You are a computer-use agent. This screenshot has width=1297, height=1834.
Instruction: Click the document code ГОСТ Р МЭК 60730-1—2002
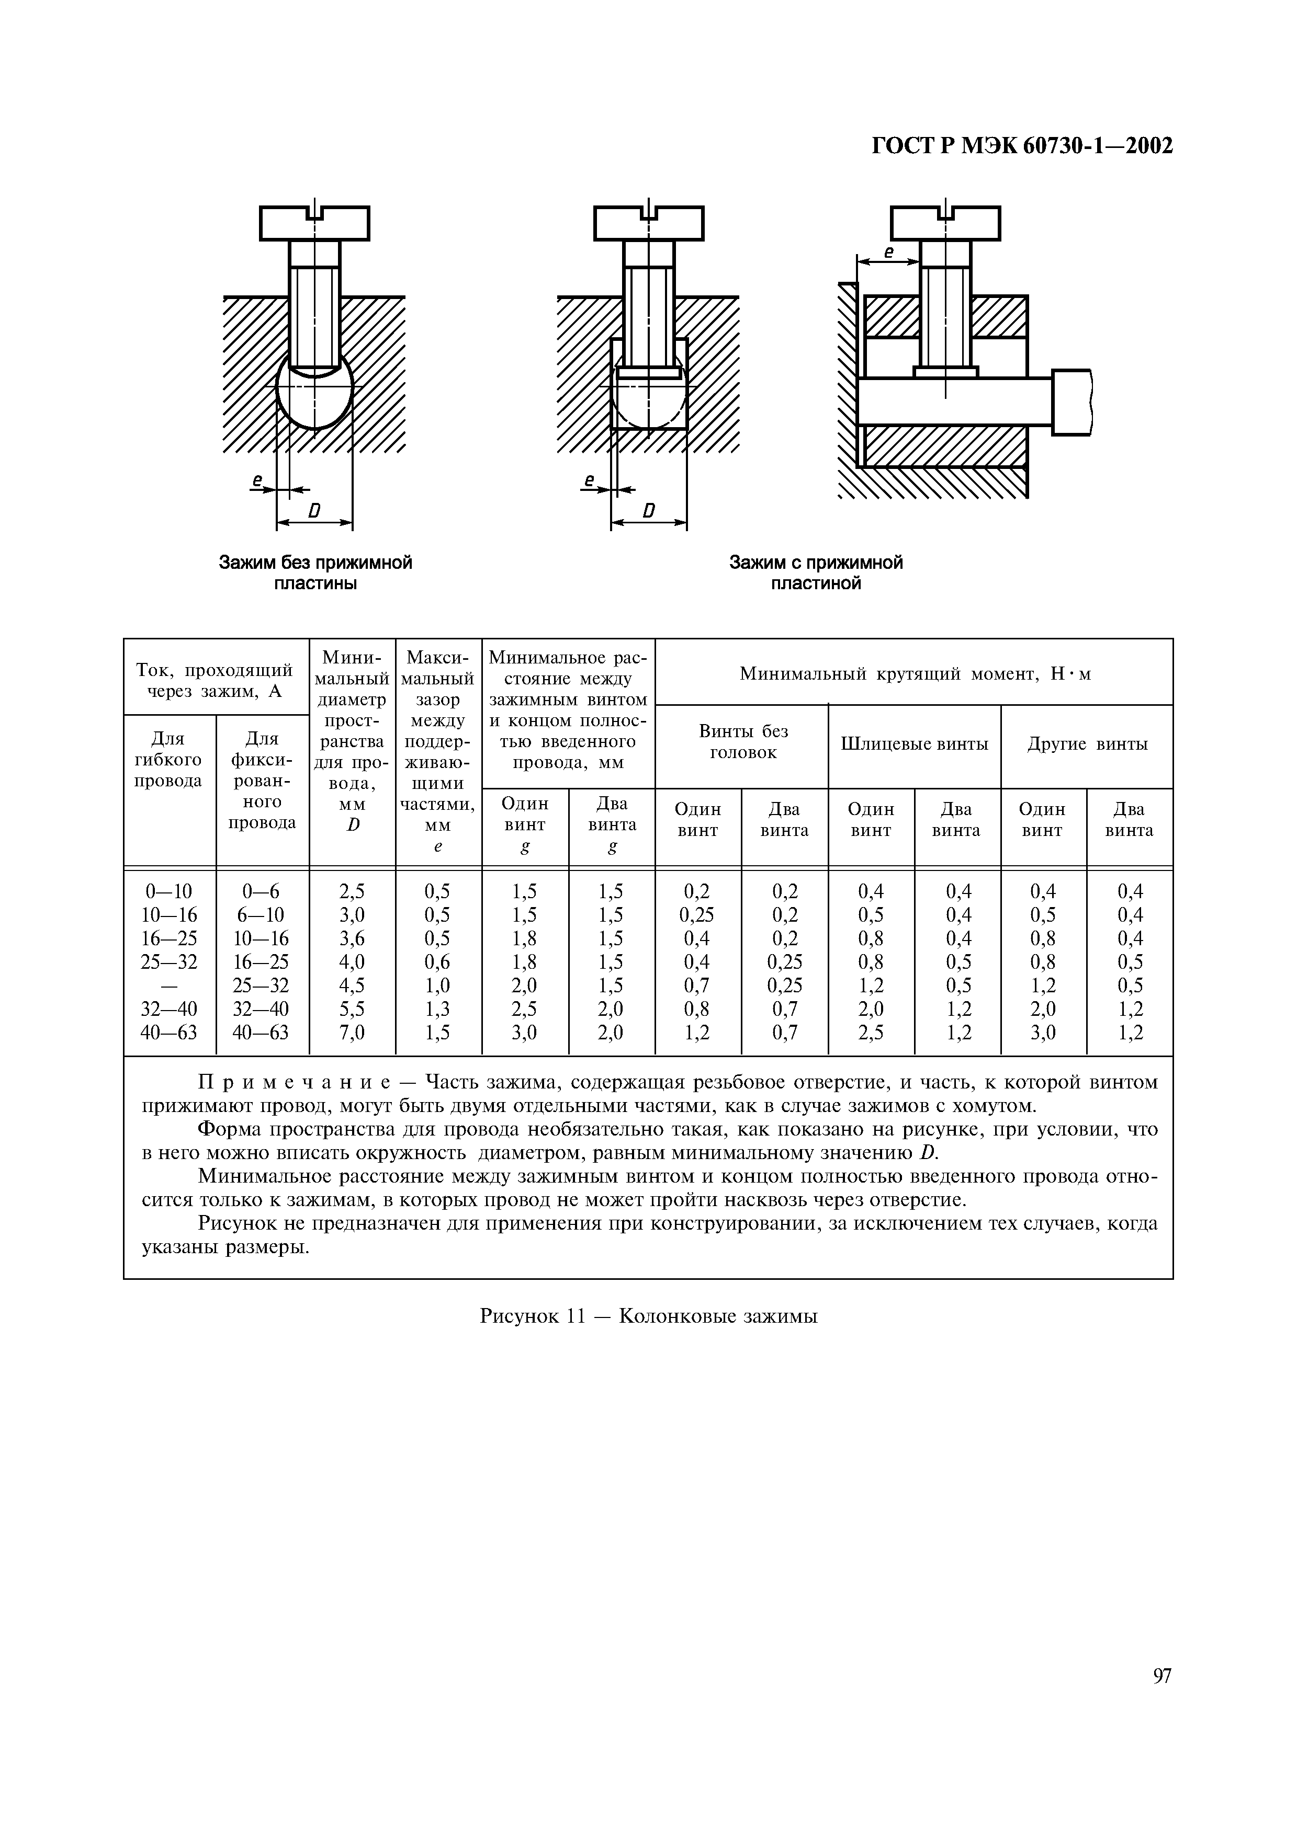tap(1021, 146)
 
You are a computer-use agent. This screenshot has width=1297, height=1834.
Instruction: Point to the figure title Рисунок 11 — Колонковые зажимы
tap(648, 1315)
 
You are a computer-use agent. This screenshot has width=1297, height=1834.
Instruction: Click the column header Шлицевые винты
tap(914, 743)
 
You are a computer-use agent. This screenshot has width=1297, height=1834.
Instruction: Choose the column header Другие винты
tap(1087, 743)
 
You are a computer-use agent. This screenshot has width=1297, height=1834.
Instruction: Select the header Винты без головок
tap(742, 741)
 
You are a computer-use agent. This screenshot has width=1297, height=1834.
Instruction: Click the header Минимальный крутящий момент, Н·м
tap(914, 673)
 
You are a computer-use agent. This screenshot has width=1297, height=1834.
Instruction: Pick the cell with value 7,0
tap(353, 1033)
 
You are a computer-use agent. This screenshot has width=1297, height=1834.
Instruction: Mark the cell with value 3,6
tap(353, 938)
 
